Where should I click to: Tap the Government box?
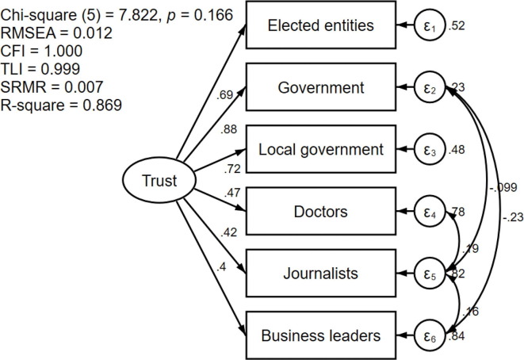click(x=321, y=87)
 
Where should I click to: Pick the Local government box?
click(x=321, y=148)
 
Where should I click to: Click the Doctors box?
click(x=321, y=212)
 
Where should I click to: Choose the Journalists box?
click(x=321, y=274)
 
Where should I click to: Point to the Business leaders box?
click(x=321, y=335)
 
